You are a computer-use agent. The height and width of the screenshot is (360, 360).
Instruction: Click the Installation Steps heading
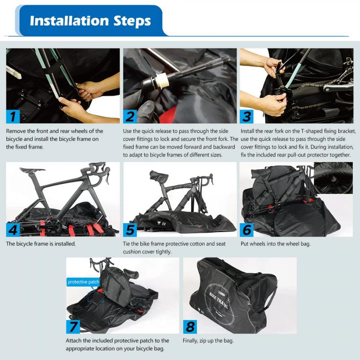pos(90,21)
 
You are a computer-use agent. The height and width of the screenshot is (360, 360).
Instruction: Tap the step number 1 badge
pos(13,116)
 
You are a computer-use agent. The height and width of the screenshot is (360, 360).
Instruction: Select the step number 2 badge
pos(130,116)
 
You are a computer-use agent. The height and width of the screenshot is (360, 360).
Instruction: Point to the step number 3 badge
pos(247,116)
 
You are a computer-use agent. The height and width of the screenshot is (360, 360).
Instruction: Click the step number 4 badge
pos(13,230)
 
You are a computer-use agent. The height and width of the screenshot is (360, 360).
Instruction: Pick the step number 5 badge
pos(130,230)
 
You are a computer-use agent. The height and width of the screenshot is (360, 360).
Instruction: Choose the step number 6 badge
pos(247,230)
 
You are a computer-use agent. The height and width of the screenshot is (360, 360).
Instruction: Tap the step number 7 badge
pos(73,326)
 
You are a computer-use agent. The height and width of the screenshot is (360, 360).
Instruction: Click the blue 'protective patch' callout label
pos(83,282)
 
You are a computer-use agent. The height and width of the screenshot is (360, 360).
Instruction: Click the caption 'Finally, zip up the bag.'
pos(208,341)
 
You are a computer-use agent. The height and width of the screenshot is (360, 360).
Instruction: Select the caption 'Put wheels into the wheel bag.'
pos(275,244)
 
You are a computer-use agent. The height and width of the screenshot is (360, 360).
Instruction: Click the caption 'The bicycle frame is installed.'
pos(41,244)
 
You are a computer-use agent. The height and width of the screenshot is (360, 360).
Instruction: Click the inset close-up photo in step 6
pos(333,178)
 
